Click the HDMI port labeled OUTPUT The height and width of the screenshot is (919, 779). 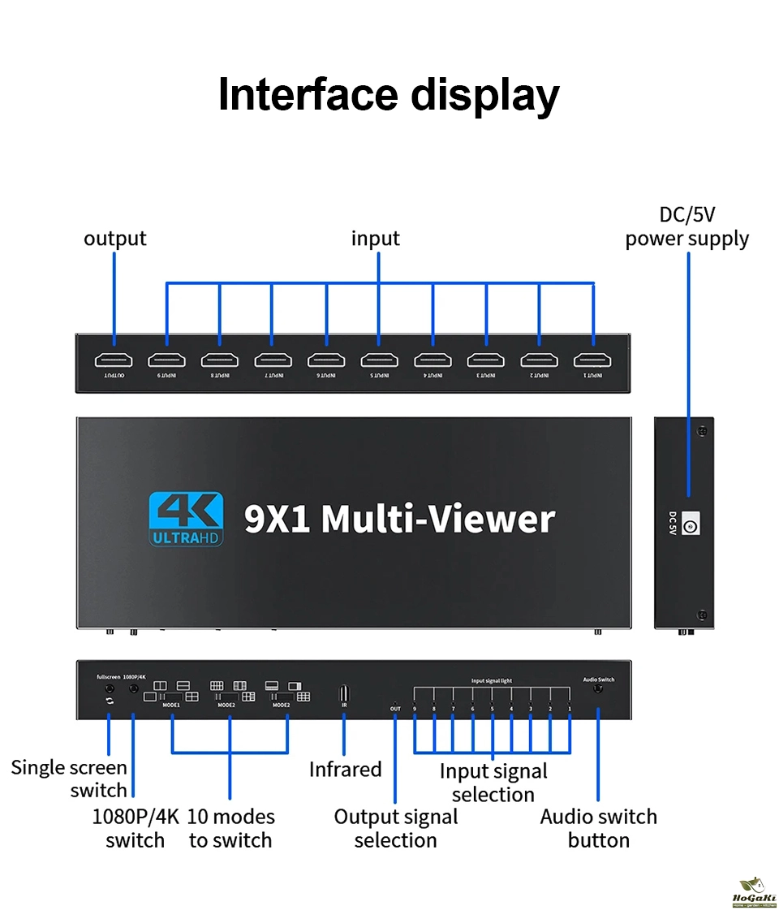(114, 360)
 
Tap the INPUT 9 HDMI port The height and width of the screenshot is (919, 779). (166, 360)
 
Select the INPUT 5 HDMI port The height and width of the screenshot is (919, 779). (379, 360)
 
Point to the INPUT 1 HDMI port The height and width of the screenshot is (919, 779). (592, 360)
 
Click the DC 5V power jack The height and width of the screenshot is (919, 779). (690, 525)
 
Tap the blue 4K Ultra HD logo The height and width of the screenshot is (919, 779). (186, 520)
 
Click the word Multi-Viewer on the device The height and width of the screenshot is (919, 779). (438, 520)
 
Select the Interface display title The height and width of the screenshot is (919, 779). (389, 94)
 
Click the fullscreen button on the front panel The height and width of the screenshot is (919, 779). (109, 689)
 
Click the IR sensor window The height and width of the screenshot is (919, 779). (344, 693)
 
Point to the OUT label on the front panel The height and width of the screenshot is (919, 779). (395, 709)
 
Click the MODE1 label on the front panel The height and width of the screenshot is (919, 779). (171, 705)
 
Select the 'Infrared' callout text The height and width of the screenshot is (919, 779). (345, 769)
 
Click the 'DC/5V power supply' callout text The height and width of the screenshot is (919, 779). (686, 227)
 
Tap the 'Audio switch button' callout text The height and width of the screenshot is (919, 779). (599, 828)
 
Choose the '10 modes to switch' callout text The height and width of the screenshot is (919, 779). (231, 828)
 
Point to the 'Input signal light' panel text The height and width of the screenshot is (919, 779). (492, 680)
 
